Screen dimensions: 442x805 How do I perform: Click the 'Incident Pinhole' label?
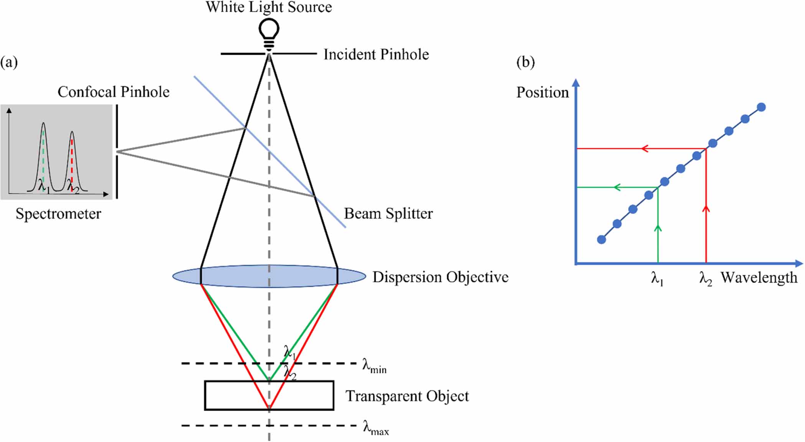376,54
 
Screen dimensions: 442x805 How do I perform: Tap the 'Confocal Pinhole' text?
114,92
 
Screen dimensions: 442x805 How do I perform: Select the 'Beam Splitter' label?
388,214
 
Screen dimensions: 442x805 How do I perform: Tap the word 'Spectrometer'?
58,214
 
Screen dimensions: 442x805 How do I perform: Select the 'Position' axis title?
542,92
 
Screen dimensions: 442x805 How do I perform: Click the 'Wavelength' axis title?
759,278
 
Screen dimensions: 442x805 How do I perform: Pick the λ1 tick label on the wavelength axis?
657,279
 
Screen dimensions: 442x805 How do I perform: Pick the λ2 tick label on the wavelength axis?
705,279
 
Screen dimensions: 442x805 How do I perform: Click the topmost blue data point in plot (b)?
761,107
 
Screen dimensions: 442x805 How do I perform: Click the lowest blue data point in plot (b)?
601,240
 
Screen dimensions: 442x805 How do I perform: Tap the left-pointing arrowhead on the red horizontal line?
645,148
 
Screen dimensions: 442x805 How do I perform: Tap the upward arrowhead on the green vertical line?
658,228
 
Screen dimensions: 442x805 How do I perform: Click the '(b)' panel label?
525,62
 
